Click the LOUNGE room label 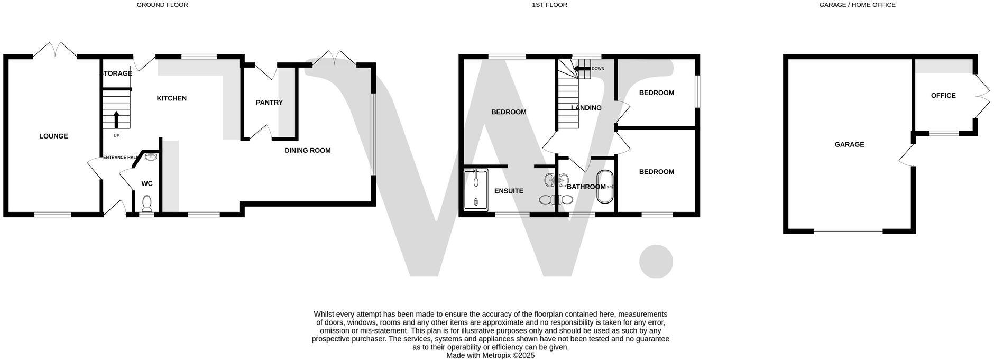pos(53,136)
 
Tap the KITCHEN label pos(171,98)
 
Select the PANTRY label pos(269,103)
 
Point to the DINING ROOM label pos(307,151)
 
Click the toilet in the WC pos(147,203)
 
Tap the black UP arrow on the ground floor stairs pos(116,119)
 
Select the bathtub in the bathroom pos(604,187)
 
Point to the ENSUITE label pos(509,191)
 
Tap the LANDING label pos(586,108)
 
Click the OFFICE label pos(943,96)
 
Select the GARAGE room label pos(849,144)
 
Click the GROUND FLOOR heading pos(162,5)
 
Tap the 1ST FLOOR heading pos(549,5)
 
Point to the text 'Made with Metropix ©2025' pos(490,356)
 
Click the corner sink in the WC pos(152,156)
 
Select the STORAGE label pos(117,73)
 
